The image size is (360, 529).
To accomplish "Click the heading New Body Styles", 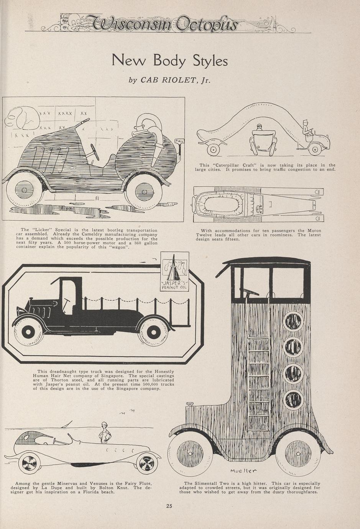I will pos(169,61).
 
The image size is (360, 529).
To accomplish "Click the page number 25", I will pos(169,506).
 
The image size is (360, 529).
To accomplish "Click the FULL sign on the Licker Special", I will pos(179,141).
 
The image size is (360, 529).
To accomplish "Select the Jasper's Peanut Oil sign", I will pos(174,272).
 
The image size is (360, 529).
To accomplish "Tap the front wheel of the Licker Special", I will pos(23,190).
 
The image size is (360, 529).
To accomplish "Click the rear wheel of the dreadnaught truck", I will pos(153,332).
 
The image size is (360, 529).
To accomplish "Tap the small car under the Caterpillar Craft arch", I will pos(263,140).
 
